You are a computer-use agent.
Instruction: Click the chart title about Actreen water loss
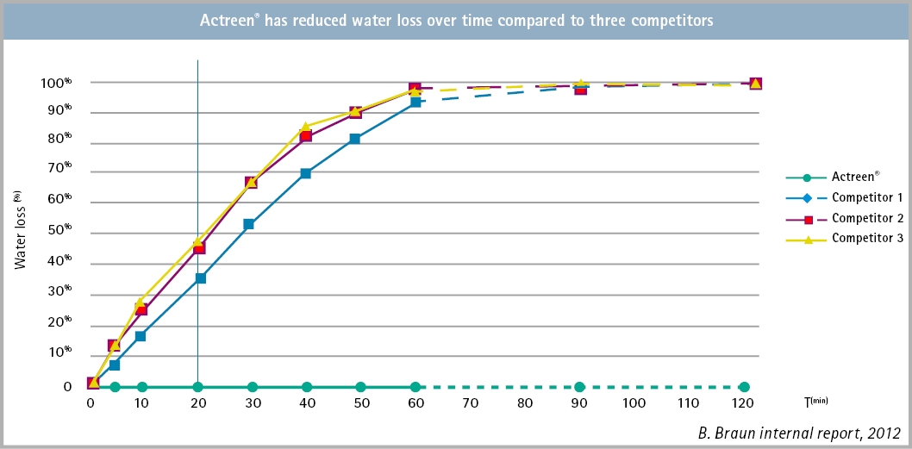pos(455,22)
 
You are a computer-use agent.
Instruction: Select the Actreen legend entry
pos(854,177)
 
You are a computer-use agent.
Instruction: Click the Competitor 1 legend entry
pos(866,197)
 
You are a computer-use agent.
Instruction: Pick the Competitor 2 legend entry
pos(866,218)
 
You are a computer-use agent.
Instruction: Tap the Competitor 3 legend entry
pos(866,239)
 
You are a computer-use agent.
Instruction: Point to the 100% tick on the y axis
pos(56,83)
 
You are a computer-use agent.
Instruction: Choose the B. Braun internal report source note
pos(799,433)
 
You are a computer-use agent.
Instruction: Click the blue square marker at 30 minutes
pos(249,224)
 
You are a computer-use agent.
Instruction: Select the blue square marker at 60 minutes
pos(415,102)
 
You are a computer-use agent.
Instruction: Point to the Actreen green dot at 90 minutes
pos(580,387)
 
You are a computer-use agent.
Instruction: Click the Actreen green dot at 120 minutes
pos(744,387)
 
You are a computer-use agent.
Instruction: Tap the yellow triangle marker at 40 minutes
pos(306,127)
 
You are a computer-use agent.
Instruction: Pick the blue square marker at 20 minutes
pos(201,278)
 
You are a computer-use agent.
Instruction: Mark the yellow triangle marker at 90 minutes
pos(581,84)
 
